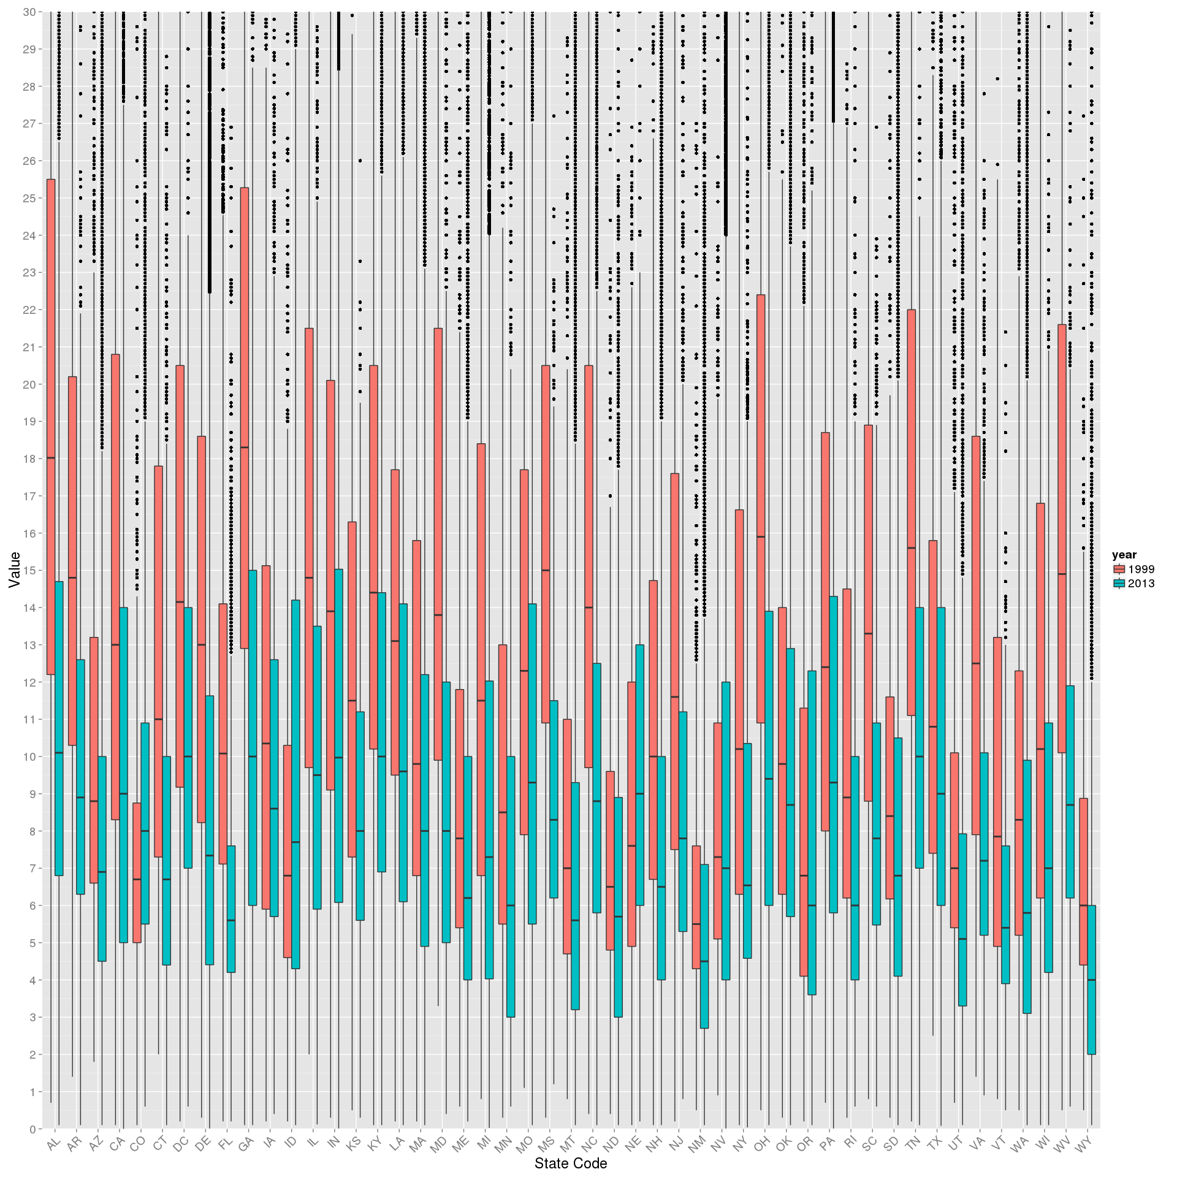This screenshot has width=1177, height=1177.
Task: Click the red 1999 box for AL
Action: pos(51,427)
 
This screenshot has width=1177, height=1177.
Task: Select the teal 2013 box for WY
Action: pos(1092,980)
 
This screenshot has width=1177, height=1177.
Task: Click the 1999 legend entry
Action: pos(1134,569)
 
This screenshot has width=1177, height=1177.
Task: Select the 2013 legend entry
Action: pos(1134,584)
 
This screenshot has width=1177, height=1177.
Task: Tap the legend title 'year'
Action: pos(1124,555)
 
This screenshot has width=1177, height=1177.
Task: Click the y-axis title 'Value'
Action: pos(15,569)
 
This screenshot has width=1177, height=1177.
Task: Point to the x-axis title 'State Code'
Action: pos(571,1164)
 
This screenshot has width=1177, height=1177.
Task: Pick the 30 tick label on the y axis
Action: pos(29,12)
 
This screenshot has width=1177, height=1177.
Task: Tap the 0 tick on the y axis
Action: pos(32,1129)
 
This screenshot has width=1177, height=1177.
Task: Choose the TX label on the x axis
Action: pos(934,1143)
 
